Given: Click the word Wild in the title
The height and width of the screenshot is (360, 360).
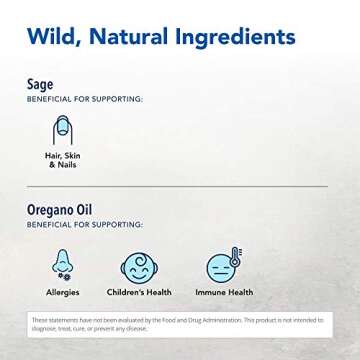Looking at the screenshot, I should click(x=51, y=39).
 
